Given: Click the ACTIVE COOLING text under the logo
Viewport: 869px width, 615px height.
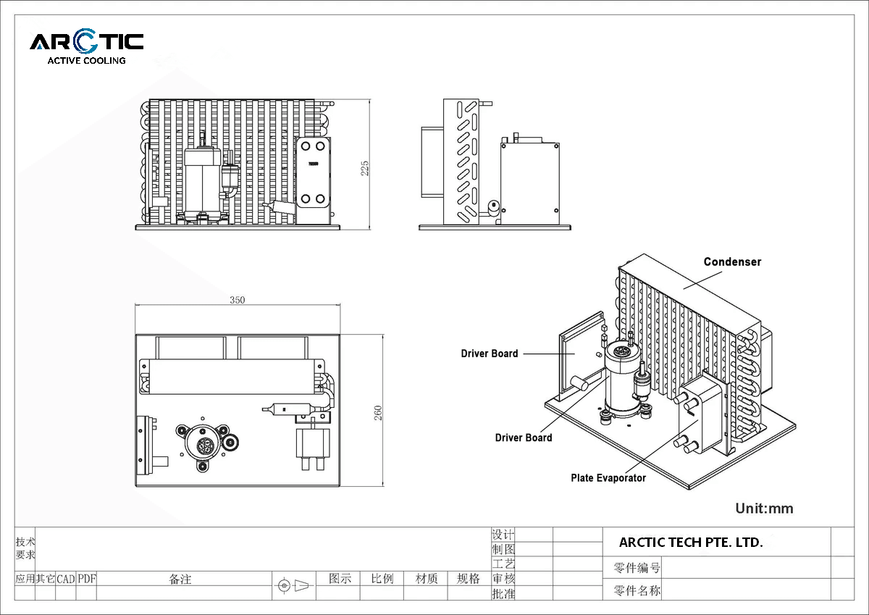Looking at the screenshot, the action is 86,61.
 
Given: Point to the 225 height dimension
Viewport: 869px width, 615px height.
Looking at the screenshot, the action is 365,168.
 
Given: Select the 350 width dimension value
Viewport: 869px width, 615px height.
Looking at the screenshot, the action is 237,300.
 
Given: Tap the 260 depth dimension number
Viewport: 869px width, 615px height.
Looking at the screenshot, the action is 378,412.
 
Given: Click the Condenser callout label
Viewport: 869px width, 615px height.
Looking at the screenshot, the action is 732,262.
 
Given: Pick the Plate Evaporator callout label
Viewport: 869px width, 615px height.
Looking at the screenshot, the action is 608,477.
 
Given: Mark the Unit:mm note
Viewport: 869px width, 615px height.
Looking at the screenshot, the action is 764,509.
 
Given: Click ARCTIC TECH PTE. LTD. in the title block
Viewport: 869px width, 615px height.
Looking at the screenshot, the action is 691,542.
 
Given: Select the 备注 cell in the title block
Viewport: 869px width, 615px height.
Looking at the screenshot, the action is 180,579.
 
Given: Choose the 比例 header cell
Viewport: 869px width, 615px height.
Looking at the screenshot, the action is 382,579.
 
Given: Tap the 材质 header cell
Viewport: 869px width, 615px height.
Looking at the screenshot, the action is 427,579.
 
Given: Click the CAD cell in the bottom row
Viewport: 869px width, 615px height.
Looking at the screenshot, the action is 66,579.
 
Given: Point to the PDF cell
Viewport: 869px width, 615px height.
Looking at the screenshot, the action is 87,579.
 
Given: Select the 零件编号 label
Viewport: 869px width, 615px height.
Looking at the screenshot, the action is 637,568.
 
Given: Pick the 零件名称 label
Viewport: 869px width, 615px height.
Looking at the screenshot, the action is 637,590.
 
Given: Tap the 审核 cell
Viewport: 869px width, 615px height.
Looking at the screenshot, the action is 503,579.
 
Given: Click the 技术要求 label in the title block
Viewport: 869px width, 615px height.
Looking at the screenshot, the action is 25,548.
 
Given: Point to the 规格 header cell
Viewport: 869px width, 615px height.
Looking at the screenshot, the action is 469,579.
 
